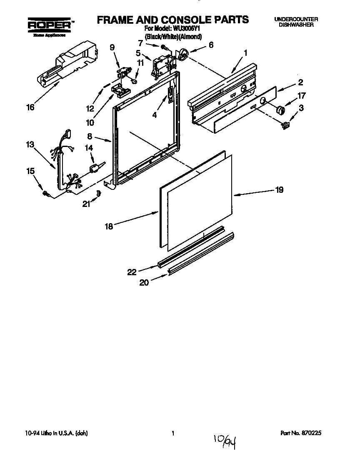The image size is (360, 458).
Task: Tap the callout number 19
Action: point(279,190)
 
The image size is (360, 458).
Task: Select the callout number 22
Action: point(132,272)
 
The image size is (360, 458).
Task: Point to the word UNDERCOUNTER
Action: point(296,20)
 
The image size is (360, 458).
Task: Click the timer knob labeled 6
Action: point(183,54)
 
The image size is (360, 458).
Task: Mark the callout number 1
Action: point(246,52)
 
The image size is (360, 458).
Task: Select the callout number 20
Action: point(144,282)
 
